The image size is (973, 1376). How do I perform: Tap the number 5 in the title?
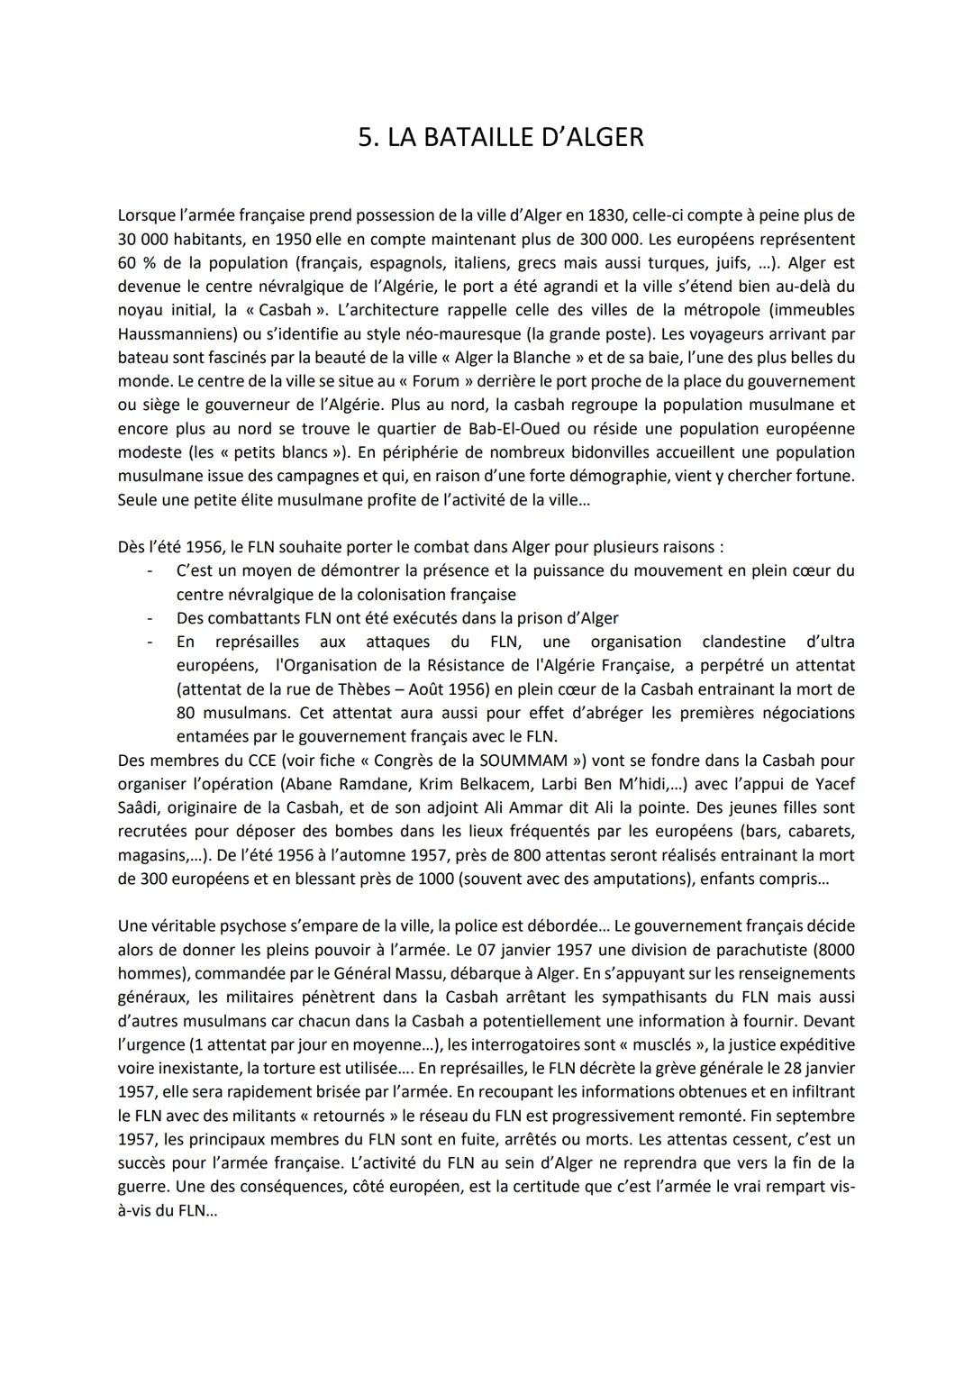(365, 137)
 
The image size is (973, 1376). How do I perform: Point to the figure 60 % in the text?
(136, 263)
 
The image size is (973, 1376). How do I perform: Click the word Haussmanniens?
(171, 334)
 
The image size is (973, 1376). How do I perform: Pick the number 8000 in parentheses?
(833, 950)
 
